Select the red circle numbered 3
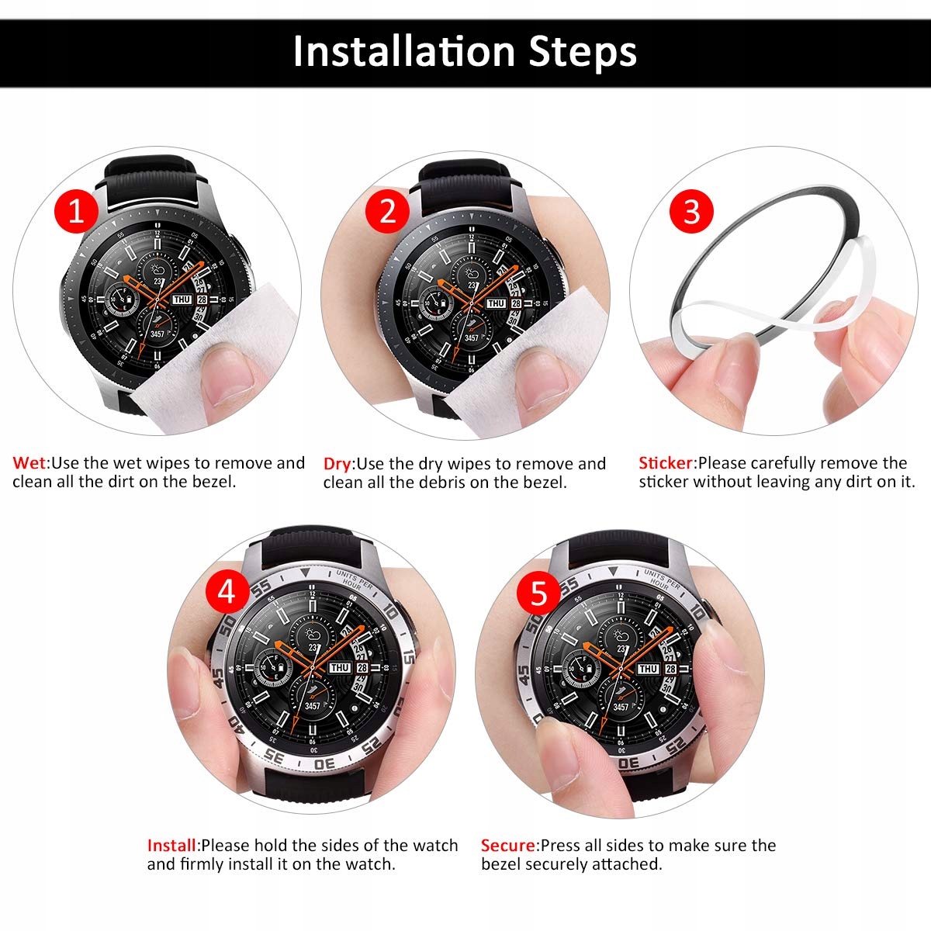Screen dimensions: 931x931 click(691, 212)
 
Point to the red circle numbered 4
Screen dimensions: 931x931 click(226, 592)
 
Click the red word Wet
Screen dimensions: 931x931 click(30, 463)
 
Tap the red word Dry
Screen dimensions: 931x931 click(337, 464)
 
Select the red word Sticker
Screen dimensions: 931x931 click(666, 463)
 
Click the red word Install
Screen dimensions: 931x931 click(172, 846)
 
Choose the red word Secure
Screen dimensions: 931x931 click(508, 846)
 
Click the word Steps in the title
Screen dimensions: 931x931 click(583, 51)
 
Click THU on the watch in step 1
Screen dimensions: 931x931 click(182, 299)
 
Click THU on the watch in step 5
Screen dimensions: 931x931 click(649, 669)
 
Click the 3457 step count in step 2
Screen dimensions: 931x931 click(472, 337)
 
